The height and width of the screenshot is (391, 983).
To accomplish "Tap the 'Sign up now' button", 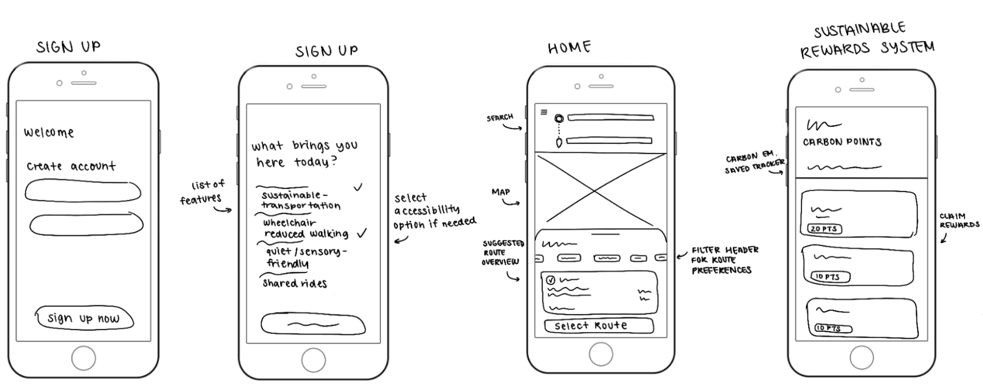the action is point(84,318).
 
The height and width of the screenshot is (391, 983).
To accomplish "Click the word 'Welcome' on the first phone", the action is point(49,132).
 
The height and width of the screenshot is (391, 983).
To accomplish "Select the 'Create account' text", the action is point(71,166).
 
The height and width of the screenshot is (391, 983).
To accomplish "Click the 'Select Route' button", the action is point(599,326).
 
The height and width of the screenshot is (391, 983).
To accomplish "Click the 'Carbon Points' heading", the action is point(842,142).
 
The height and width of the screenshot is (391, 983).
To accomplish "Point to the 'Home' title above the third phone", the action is point(569,48).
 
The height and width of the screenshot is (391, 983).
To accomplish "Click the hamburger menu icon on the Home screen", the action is point(544,112).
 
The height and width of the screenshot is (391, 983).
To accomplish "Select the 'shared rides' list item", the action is point(294,284).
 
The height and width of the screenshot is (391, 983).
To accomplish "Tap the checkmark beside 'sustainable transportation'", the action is point(358,187).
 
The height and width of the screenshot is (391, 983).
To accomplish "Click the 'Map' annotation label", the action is point(500,192).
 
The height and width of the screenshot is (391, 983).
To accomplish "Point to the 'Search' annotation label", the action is point(500,117).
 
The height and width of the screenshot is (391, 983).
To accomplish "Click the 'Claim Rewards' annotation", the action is point(959,220).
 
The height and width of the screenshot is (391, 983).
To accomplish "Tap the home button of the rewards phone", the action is point(861,358).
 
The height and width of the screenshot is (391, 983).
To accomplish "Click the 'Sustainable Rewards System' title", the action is point(867,40).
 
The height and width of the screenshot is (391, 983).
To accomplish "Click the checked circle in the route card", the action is point(550,280).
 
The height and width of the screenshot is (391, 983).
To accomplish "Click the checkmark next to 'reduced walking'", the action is point(362,233).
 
